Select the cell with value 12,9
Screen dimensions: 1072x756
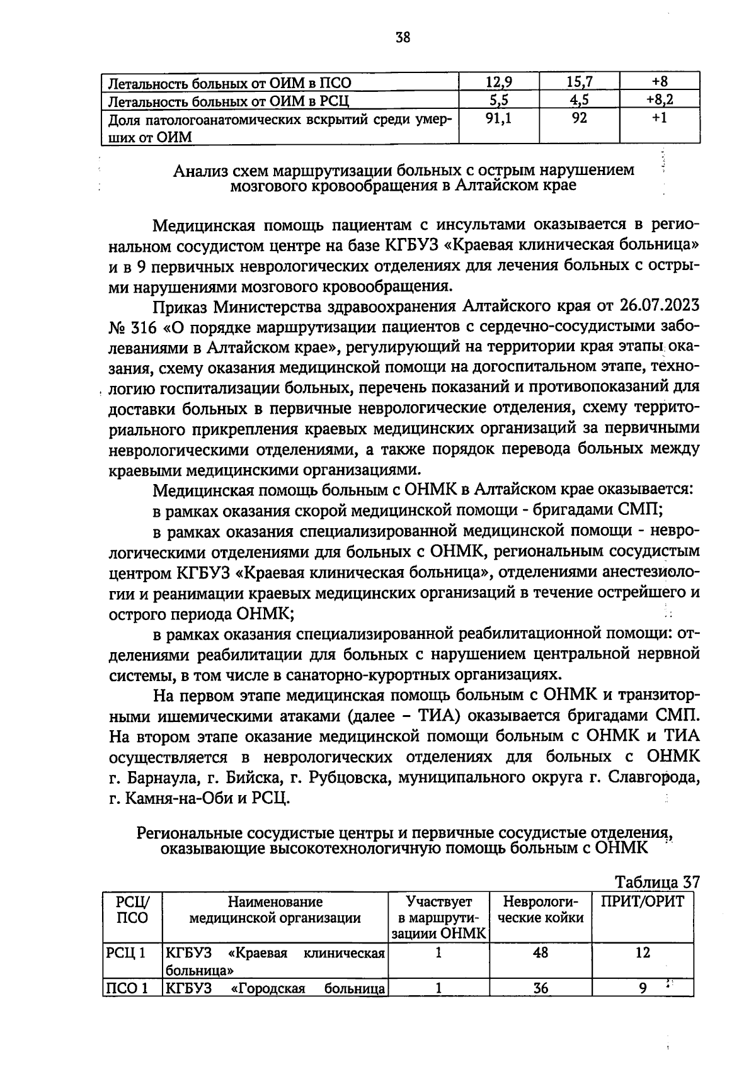pos(499,82)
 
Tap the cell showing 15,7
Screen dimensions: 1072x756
pos(579,82)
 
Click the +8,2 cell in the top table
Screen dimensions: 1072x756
pos(660,99)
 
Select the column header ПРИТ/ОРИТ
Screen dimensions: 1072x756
pos(642,902)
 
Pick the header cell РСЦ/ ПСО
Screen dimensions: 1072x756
pos(132,910)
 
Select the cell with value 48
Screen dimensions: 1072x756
pos(540,952)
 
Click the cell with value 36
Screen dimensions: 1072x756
pos(540,988)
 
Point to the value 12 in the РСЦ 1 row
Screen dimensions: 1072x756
pos(642,952)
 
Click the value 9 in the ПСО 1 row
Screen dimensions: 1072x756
pos(642,988)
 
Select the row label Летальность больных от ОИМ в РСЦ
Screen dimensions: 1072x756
pos(229,101)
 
